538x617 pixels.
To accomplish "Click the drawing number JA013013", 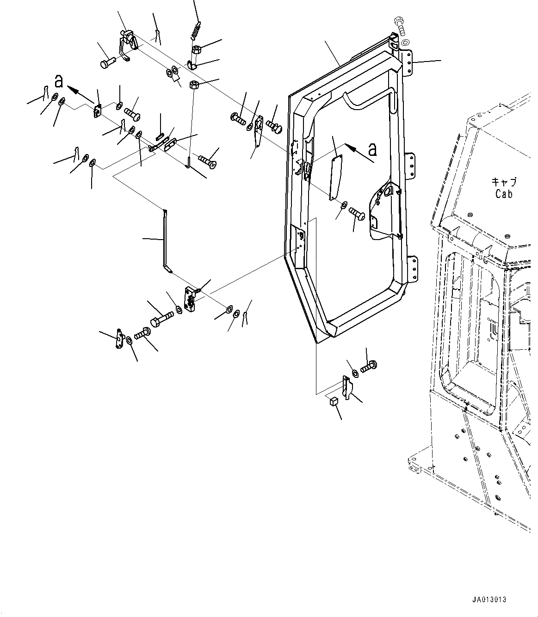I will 489,600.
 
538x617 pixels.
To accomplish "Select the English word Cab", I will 504,194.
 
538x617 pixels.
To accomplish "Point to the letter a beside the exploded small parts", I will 59,81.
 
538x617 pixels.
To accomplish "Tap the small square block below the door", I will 333,402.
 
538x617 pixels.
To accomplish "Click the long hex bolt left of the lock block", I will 161,319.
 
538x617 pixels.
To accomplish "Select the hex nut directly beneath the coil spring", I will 195,49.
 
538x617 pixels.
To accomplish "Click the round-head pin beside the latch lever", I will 107,62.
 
